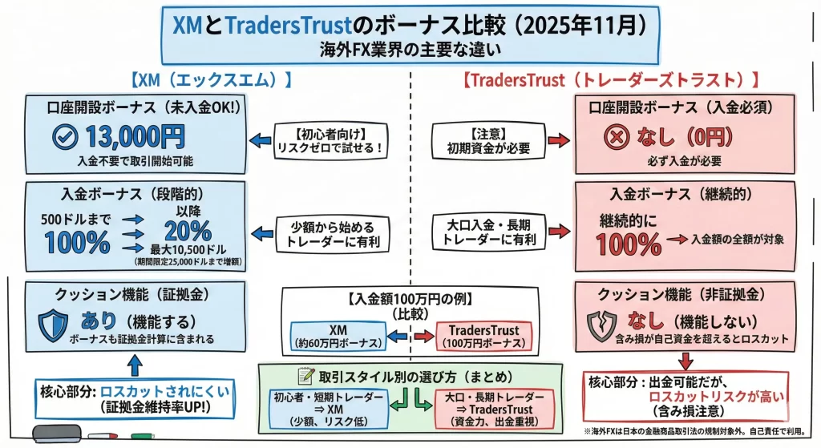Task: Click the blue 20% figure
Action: (x=188, y=232)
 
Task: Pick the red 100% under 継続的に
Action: (x=630, y=243)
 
